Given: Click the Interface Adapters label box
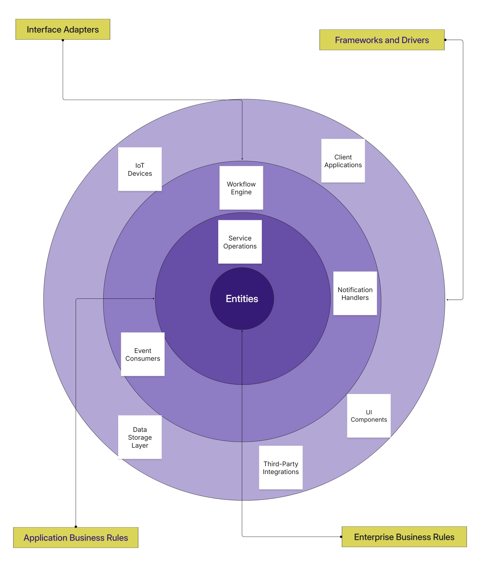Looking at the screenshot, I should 63,29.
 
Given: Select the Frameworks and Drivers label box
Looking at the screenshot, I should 382,40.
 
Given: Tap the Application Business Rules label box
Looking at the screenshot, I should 76,537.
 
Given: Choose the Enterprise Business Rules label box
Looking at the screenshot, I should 404,537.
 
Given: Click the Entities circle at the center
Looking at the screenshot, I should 242,299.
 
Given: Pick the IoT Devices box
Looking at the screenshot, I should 140,169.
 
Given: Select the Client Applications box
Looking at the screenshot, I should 343,161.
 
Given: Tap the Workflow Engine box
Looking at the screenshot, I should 241,188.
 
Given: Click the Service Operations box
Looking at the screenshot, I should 240,242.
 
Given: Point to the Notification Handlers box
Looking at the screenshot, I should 355,293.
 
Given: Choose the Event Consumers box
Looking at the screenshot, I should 143,354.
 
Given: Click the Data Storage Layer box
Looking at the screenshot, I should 140,437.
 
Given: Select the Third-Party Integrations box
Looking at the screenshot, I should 281,467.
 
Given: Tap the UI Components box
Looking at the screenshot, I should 369,416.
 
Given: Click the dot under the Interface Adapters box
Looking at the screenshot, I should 63,40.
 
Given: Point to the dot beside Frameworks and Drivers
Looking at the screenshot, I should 445,40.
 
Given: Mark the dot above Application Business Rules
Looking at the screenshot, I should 76,526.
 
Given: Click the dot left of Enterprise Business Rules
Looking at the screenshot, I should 341,537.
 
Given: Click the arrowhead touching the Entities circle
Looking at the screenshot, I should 242,331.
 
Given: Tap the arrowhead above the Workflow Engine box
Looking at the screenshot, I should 242,159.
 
